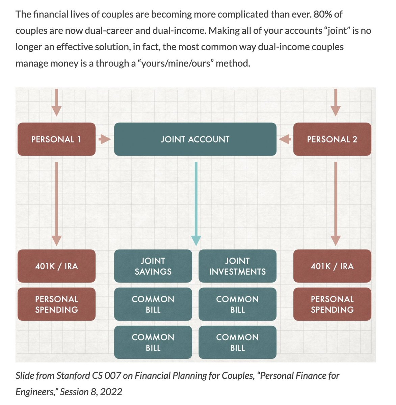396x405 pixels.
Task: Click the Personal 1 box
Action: (x=56, y=139)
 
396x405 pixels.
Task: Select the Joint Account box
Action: (x=195, y=139)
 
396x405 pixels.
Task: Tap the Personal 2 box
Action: (x=332, y=139)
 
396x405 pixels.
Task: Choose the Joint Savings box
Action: (x=153, y=266)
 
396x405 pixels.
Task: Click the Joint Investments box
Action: (x=237, y=266)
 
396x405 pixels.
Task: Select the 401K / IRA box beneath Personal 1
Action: (x=56, y=266)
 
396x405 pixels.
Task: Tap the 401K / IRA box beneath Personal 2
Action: (x=332, y=266)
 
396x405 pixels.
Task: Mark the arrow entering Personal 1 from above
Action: (x=56, y=103)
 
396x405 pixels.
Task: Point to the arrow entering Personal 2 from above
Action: (x=335, y=103)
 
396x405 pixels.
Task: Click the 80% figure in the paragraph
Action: (x=323, y=15)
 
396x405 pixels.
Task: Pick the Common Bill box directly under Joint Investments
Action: (x=237, y=304)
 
